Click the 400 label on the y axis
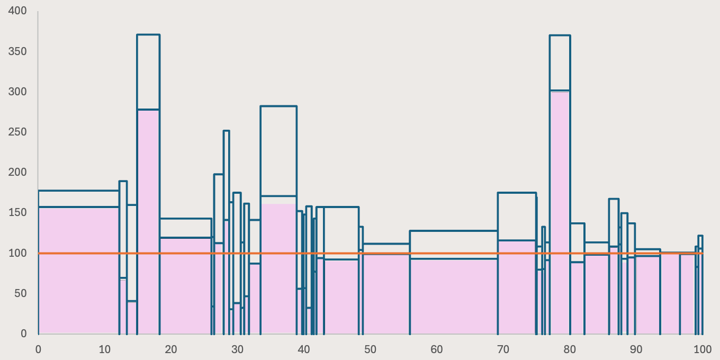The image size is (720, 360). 18,11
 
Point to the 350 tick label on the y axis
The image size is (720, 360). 18,52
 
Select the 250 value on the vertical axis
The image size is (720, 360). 18,132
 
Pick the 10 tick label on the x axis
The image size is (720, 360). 104,349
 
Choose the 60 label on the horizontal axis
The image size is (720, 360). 436,349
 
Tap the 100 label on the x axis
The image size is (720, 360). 702,349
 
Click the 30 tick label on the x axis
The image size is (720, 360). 237,349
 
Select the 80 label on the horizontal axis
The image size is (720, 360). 569,349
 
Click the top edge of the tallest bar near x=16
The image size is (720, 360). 148,35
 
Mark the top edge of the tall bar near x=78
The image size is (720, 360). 560,35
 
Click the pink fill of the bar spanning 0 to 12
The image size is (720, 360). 78,270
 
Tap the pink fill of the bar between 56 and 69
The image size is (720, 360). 454,296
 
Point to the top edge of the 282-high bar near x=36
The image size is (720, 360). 278,106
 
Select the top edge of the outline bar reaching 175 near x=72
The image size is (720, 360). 517,193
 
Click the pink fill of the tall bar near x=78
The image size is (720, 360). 560,212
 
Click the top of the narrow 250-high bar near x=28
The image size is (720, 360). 226,131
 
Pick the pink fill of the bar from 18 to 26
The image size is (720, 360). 185,286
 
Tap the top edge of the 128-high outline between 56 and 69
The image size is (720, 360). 454,231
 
